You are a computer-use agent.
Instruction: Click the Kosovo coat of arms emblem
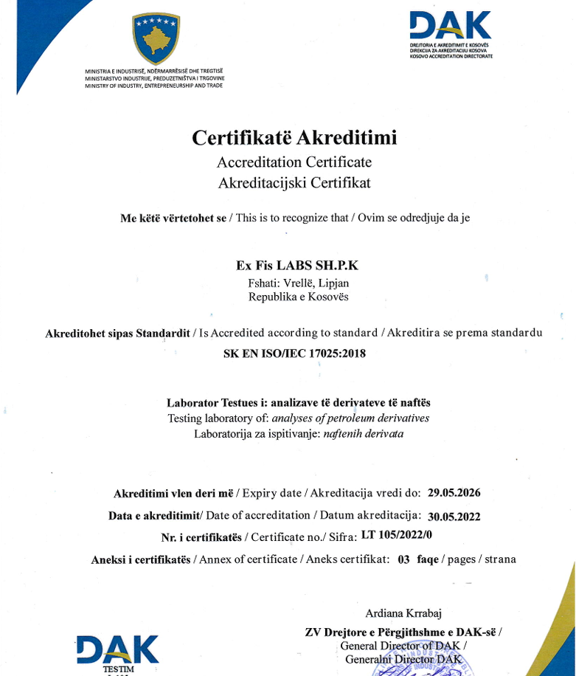pyautogui.click(x=156, y=39)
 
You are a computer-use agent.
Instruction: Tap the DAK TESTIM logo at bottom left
pyautogui.click(x=118, y=653)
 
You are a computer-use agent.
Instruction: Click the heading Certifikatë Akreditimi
pyautogui.click(x=294, y=138)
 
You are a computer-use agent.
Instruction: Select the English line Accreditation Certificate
pyautogui.click(x=294, y=162)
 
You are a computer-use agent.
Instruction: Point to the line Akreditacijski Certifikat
pyautogui.click(x=294, y=182)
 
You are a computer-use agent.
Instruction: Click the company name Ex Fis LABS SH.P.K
pyautogui.click(x=297, y=266)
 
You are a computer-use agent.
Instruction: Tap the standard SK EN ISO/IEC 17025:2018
pyautogui.click(x=294, y=353)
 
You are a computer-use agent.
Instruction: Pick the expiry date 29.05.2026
pyautogui.click(x=454, y=492)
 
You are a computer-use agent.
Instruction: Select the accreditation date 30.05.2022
pyautogui.click(x=454, y=516)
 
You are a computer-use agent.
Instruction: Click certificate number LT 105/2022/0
pyautogui.click(x=397, y=536)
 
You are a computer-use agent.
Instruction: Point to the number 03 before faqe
pyautogui.click(x=403, y=559)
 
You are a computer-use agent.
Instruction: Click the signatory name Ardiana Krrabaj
pyautogui.click(x=403, y=613)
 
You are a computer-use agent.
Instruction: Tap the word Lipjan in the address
pyautogui.click(x=333, y=283)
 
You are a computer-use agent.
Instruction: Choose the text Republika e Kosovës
pyautogui.click(x=299, y=297)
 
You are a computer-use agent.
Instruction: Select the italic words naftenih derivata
pyautogui.click(x=364, y=434)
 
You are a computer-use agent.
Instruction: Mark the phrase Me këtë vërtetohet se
pyautogui.click(x=173, y=218)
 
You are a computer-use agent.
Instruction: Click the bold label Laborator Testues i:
pyautogui.click(x=217, y=403)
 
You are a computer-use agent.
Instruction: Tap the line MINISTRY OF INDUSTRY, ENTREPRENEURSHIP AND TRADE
pyautogui.click(x=153, y=86)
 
